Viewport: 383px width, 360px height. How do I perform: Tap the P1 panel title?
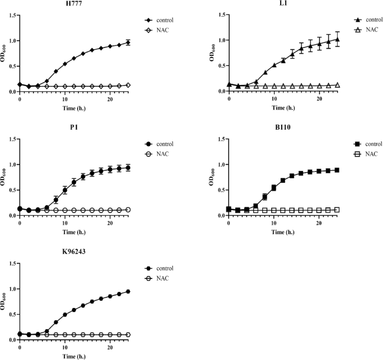click(74, 128)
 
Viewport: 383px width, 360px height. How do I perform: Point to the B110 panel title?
click(283, 128)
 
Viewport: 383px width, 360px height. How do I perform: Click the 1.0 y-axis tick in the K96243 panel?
click(11, 289)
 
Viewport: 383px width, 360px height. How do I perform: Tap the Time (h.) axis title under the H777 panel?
click(74, 108)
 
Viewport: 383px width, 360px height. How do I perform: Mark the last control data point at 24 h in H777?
click(128, 42)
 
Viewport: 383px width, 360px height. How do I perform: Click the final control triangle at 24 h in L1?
click(337, 39)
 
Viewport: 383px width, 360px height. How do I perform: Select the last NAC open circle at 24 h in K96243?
click(128, 334)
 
